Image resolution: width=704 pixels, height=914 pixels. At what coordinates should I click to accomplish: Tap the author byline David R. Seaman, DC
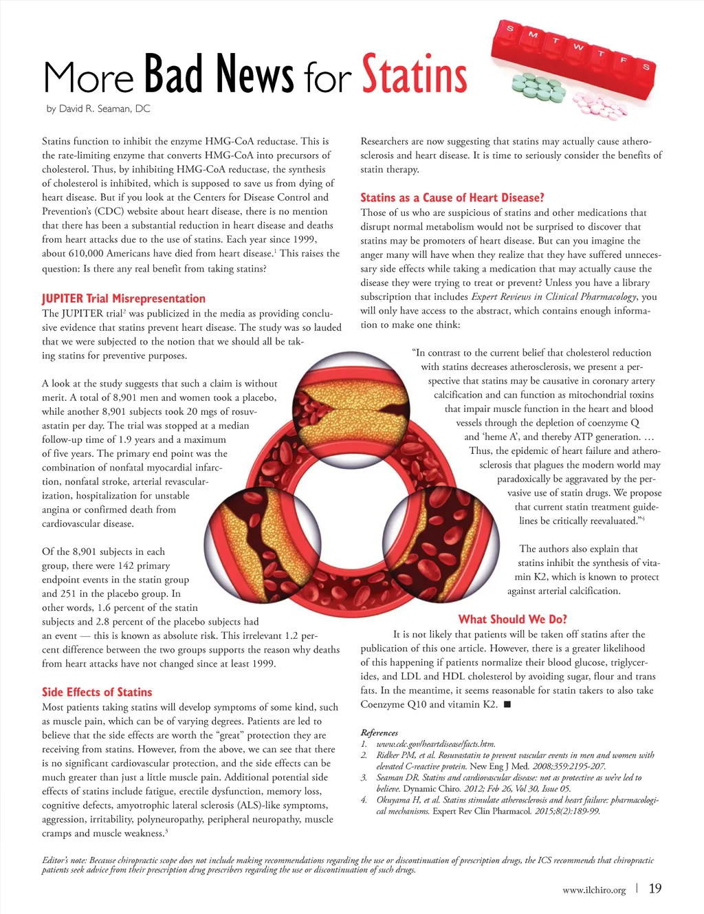point(98,109)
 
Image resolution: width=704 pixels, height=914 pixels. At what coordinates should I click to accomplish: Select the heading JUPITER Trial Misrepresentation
point(124,298)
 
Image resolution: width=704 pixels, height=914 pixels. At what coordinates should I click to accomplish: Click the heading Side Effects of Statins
point(97,692)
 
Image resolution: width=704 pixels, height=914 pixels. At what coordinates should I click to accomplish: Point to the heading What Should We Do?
point(513,619)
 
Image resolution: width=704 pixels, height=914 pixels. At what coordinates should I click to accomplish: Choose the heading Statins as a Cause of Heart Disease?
point(452,197)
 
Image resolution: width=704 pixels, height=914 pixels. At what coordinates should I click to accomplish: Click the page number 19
point(655,889)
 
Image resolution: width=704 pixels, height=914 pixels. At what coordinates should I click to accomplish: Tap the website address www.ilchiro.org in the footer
point(594,890)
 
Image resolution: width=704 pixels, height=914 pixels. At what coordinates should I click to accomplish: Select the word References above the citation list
point(379,732)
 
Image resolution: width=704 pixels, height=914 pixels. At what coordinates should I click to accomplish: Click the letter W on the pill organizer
point(578,47)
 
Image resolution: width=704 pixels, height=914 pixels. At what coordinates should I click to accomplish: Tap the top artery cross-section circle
point(341,399)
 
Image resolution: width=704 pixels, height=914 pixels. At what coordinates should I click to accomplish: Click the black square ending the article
point(507,705)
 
